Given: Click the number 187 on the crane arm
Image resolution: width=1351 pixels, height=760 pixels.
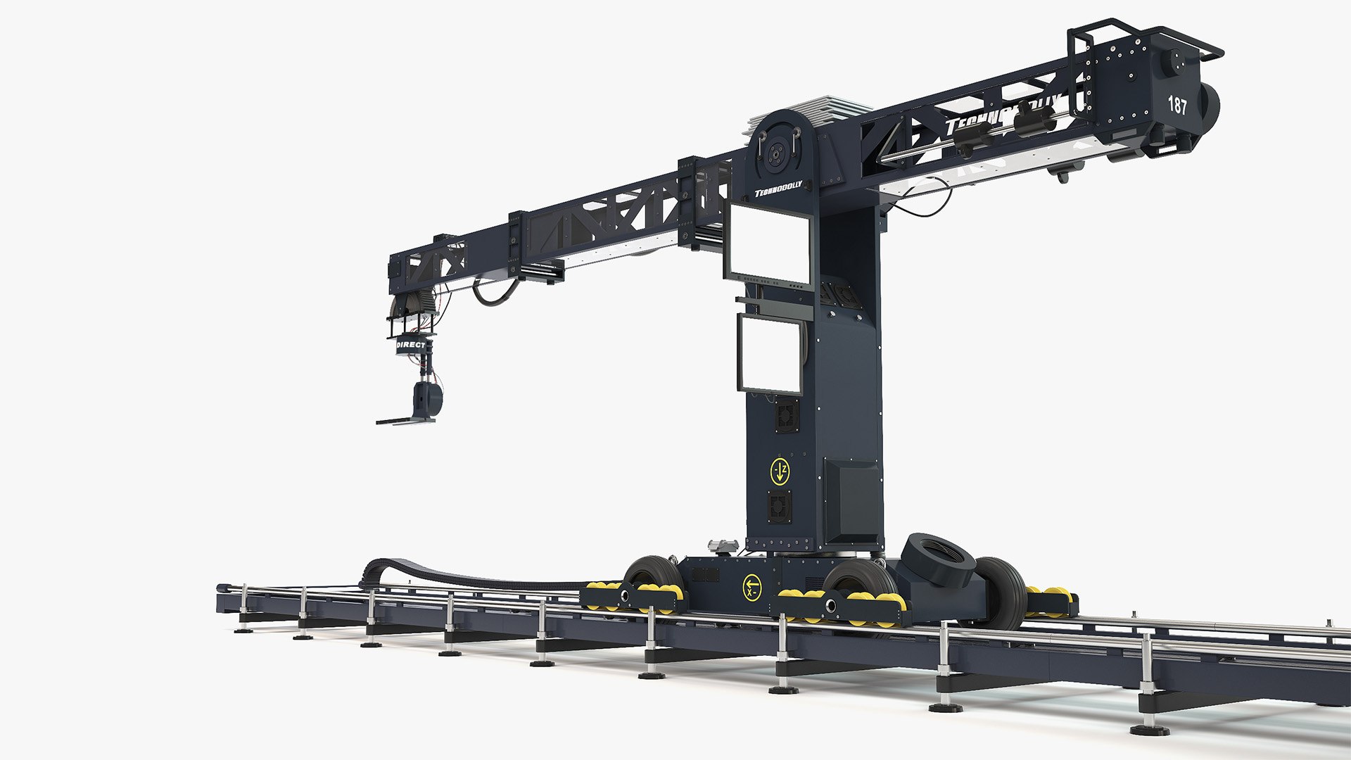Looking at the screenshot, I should pyautogui.click(x=1177, y=106).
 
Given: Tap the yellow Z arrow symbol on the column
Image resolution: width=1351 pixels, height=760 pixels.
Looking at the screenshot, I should pyautogui.click(x=780, y=472).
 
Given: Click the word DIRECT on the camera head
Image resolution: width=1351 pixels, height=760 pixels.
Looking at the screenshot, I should pyautogui.click(x=411, y=346).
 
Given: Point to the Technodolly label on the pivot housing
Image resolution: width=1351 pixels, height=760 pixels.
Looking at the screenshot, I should pyautogui.click(x=778, y=192).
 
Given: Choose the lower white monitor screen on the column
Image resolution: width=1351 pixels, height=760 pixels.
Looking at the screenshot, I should pyautogui.click(x=769, y=352).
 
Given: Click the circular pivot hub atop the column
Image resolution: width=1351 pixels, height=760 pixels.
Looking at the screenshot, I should pyautogui.click(x=778, y=151).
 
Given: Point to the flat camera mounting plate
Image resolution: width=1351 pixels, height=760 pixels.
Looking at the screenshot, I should pyautogui.click(x=404, y=421).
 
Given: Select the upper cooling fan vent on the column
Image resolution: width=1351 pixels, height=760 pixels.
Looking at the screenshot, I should pyautogui.click(x=785, y=416).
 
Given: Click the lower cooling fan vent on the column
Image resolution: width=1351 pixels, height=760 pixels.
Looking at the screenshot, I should pyautogui.click(x=779, y=506).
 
